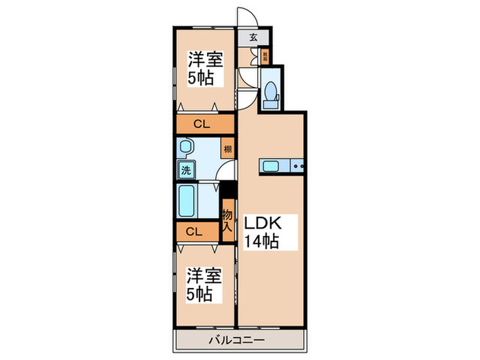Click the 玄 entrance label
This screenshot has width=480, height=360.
coord(253,38)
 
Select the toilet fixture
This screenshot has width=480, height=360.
coord(271,91)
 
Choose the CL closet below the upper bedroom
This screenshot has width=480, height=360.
coord(201,124)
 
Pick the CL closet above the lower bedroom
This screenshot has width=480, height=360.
coord(194,232)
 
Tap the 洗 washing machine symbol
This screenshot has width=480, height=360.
coord(186,169)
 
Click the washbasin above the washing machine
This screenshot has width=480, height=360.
coord(186,147)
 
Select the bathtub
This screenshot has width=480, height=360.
coord(187,201)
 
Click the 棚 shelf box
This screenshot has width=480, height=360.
coord(227,149)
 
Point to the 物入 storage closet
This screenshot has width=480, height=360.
coord(227,219)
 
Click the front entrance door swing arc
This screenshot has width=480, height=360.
coord(247,17)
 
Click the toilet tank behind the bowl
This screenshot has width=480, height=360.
coord(271,102)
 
